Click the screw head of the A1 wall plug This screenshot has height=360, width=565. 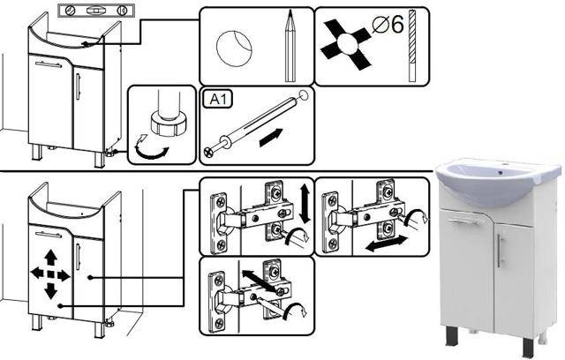point(209,151)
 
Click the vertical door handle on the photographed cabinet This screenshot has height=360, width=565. point(501,251)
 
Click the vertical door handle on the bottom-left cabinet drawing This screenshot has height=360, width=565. point(78,256)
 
